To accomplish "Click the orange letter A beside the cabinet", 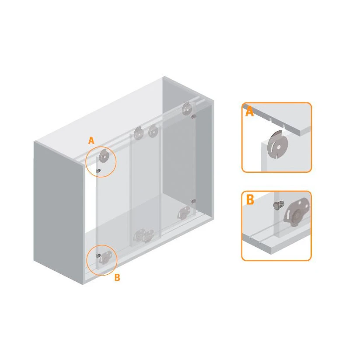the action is pyautogui.click(x=91, y=140).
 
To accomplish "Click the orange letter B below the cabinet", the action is pyautogui.click(x=117, y=277).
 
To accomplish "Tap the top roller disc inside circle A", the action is pyautogui.click(x=104, y=156).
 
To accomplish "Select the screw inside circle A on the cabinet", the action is pyautogui.click(x=98, y=171).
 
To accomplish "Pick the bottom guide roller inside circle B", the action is pyautogui.click(x=105, y=257).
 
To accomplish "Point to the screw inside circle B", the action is pyautogui.click(x=98, y=255).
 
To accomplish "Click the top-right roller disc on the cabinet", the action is pyautogui.click(x=187, y=108).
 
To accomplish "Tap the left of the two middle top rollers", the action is pyautogui.click(x=139, y=133).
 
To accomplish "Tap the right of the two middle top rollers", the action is pyautogui.click(x=153, y=132).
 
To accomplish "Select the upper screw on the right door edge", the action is pyautogui.click(x=193, y=117).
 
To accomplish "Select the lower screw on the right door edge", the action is pyautogui.click(x=193, y=201).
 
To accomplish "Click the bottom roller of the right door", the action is pyautogui.click(x=184, y=213).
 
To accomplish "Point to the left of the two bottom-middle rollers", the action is pyautogui.click(x=139, y=235).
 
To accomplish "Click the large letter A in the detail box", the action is pyautogui.click(x=249, y=112).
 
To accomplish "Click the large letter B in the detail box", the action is pyautogui.click(x=250, y=199).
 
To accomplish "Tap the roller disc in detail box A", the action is pyautogui.click(x=278, y=144).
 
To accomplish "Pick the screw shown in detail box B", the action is pyautogui.click(x=279, y=205).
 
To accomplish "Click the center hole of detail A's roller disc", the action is pyautogui.click(x=279, y=147).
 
